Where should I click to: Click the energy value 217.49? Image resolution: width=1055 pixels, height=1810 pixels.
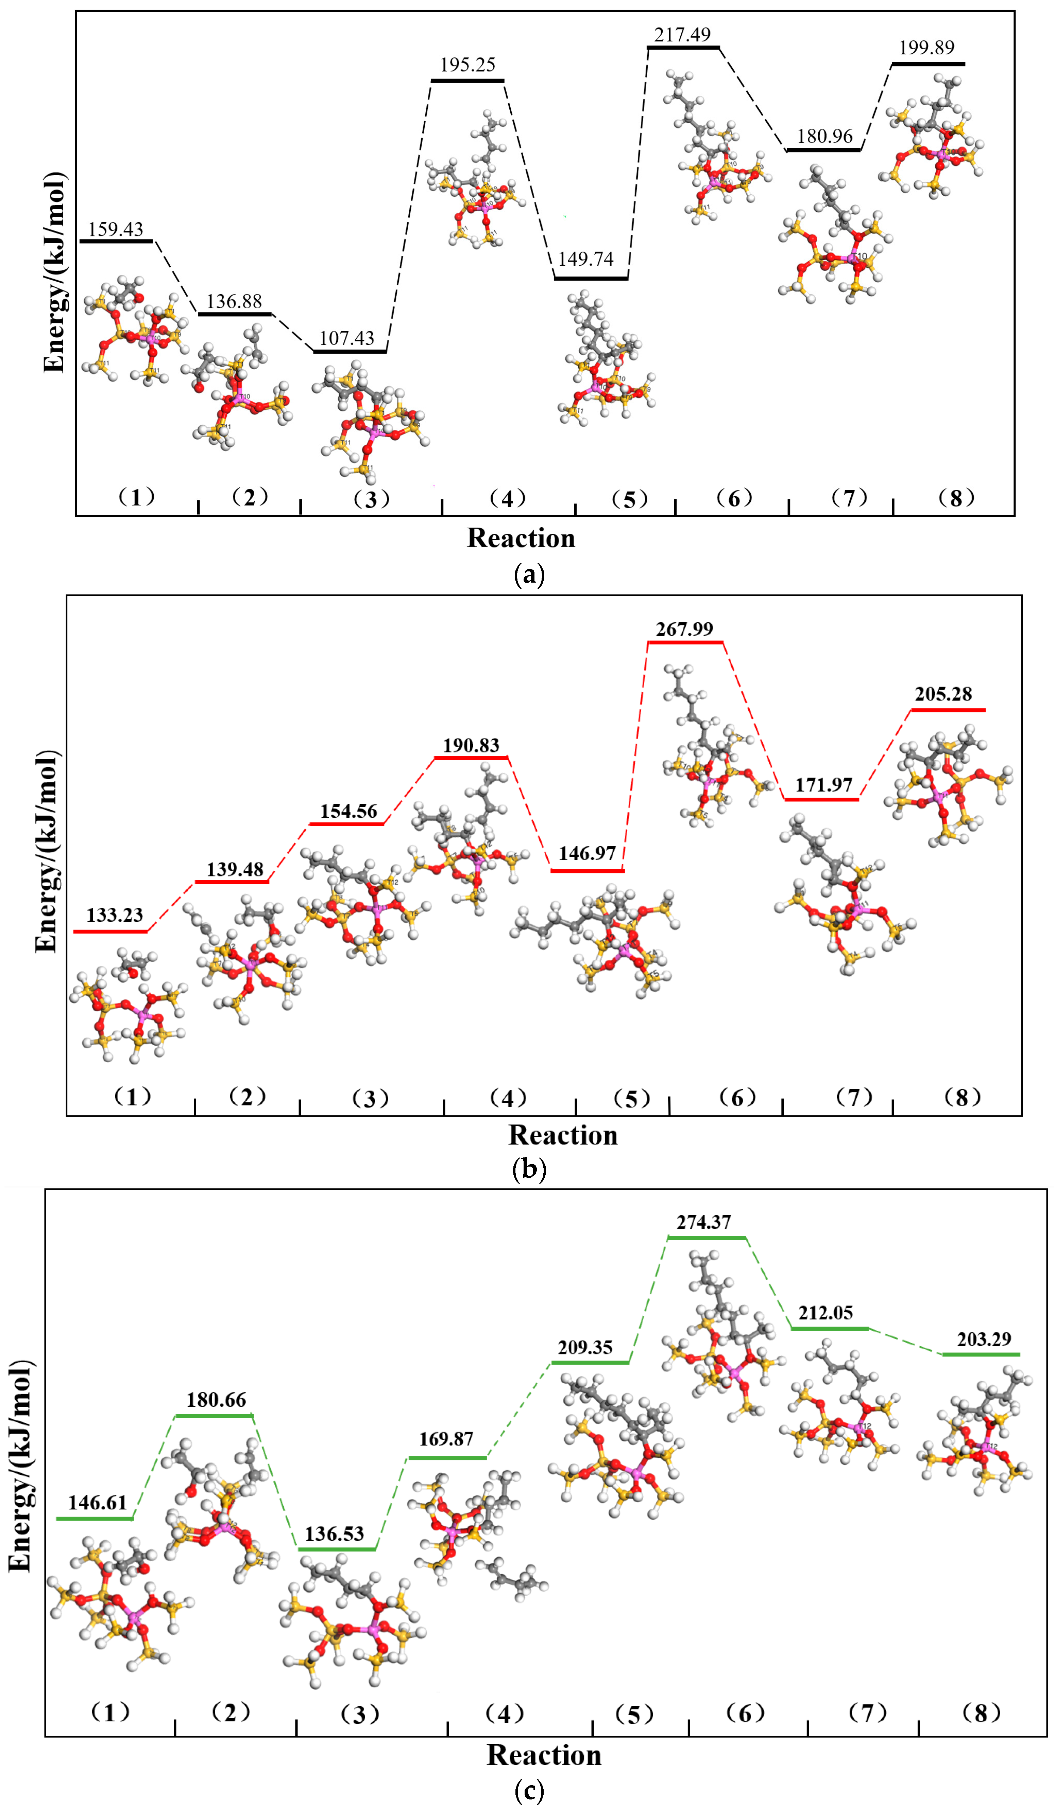click(682, 34)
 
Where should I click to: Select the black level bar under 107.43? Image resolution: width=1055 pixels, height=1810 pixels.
click(350, 351)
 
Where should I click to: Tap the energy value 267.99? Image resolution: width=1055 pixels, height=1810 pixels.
click(684, 629)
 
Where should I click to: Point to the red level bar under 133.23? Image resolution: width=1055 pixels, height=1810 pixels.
click(111, 931)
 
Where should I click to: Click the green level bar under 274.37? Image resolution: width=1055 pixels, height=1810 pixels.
click(707, 1238)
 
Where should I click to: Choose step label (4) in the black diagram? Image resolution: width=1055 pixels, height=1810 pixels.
click(507, 498)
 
